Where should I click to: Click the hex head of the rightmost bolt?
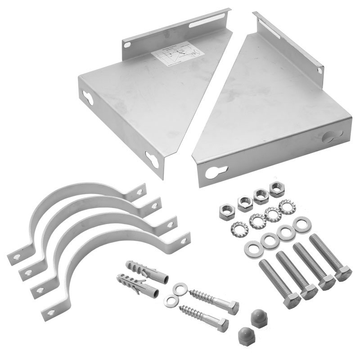coord(344,274)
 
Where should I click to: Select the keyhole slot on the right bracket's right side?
coord(334,135)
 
